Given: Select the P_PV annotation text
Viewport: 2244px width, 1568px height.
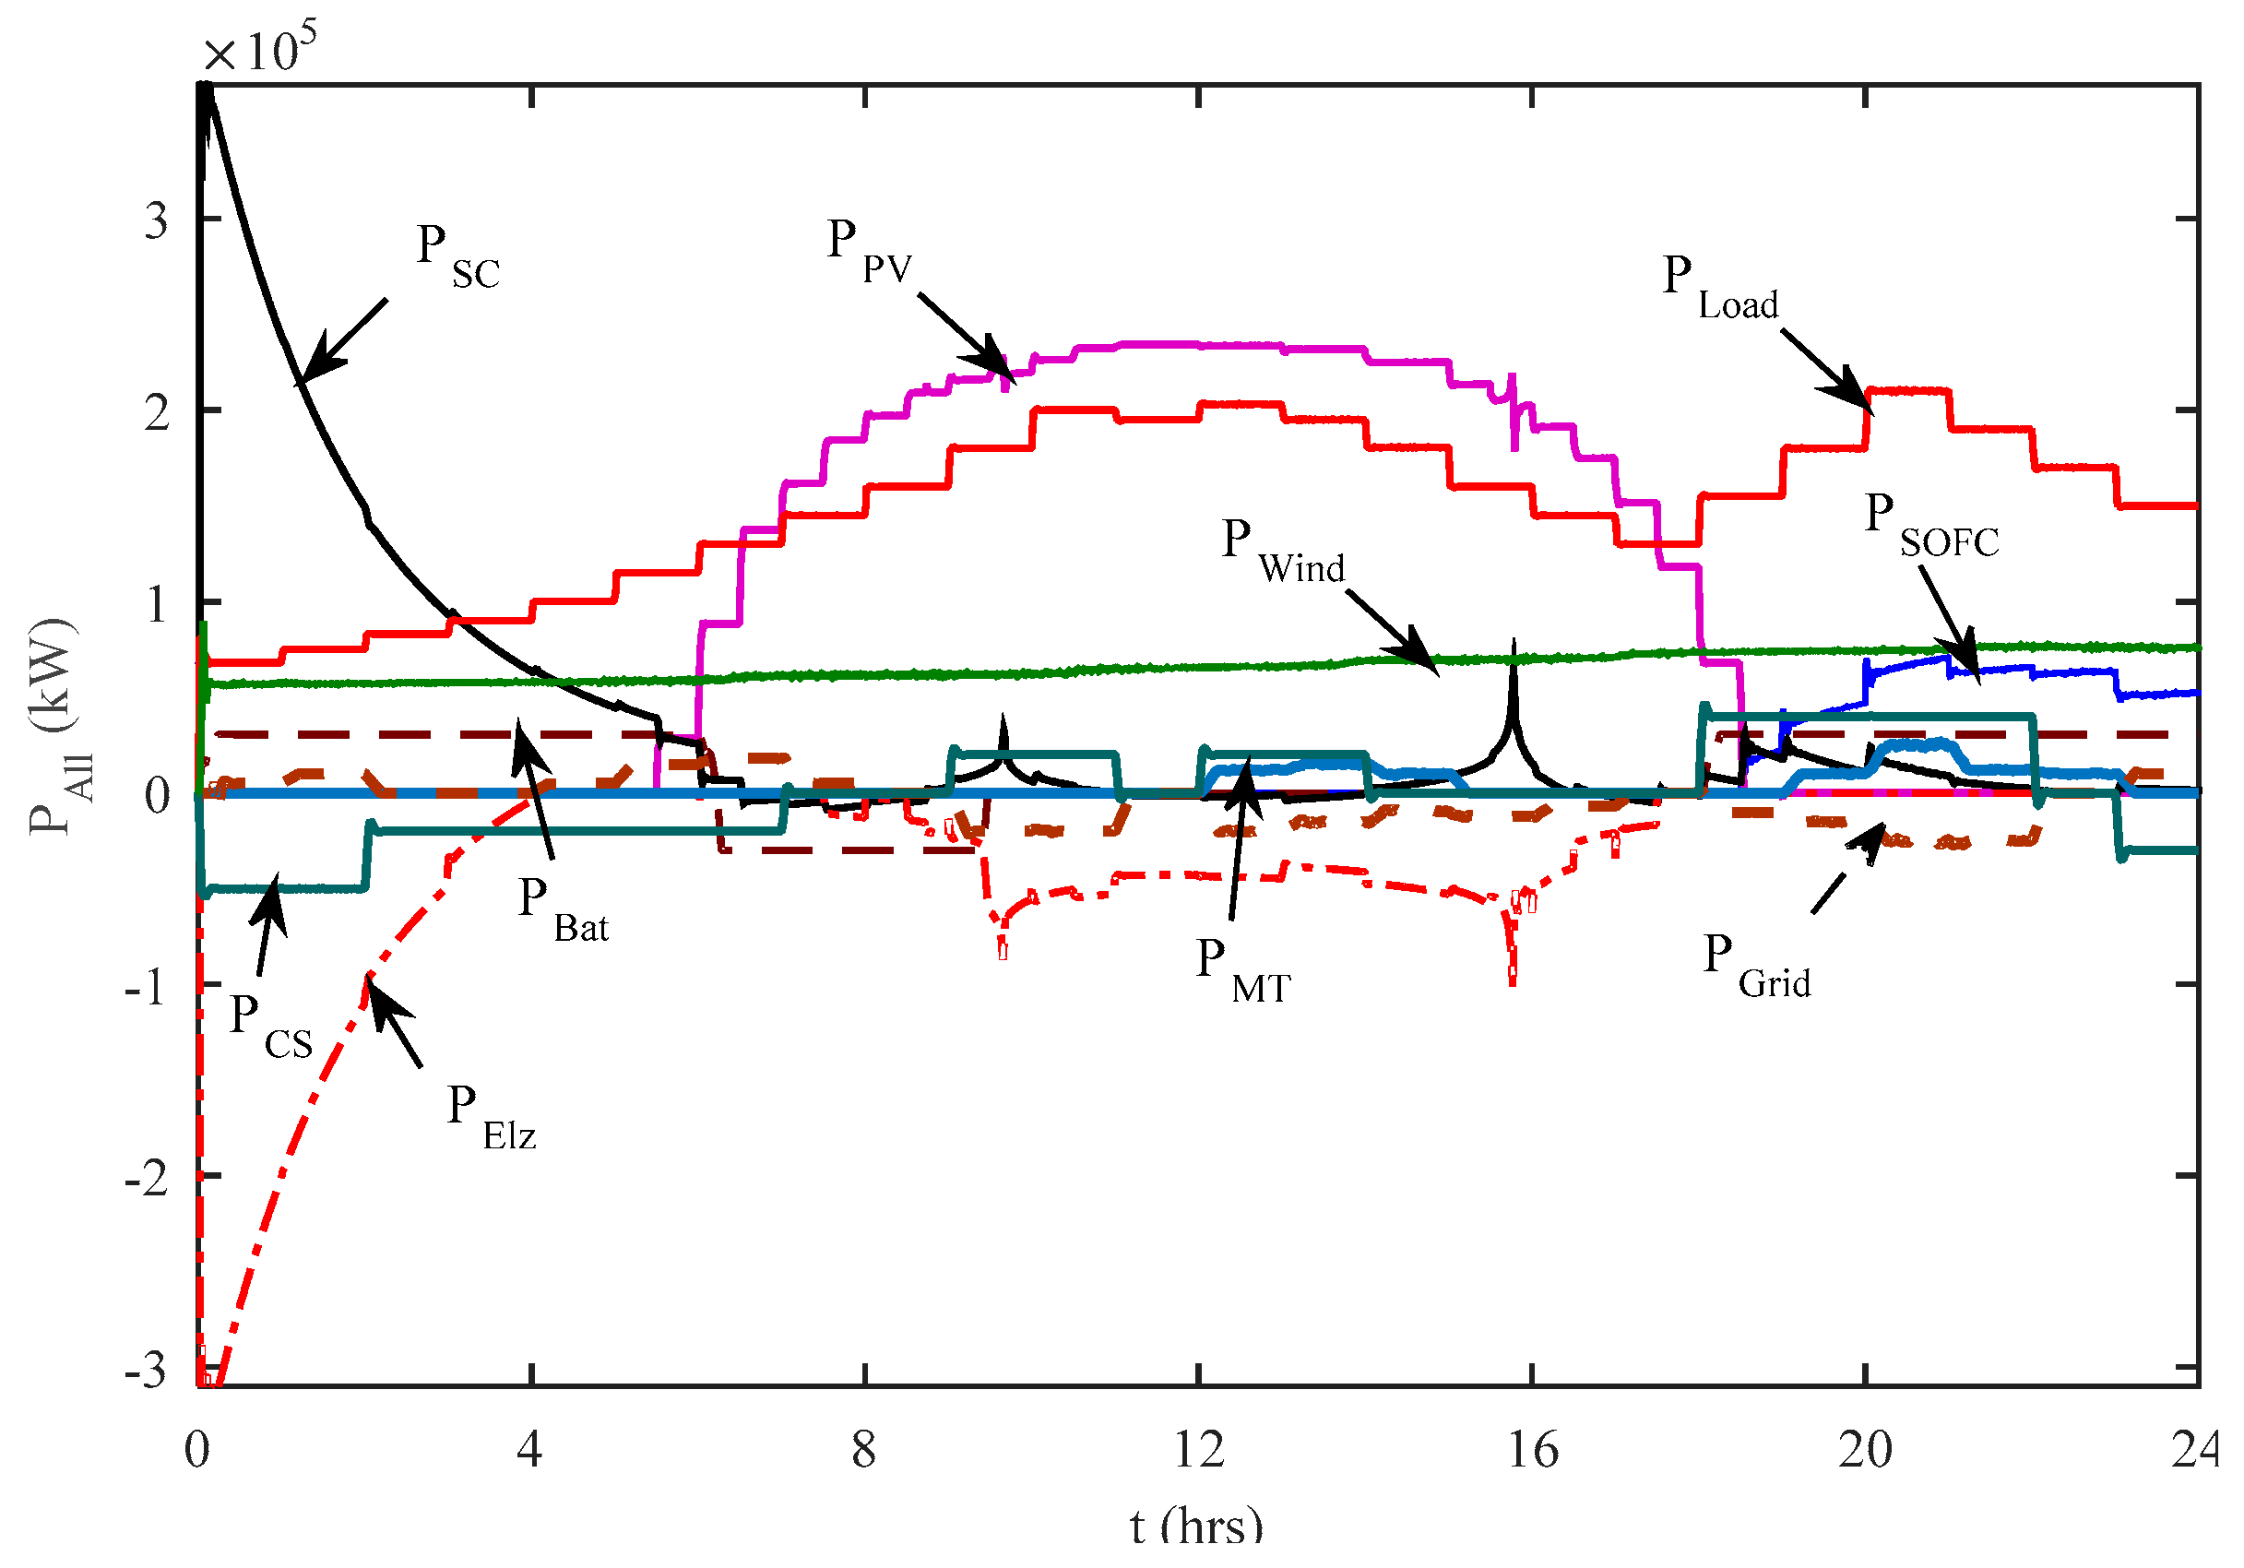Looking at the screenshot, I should [x=868, y=251].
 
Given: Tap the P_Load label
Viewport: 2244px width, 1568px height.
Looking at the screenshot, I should [x=1719, y=288].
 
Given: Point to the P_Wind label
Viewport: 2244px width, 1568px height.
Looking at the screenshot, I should [x=1281, y=552].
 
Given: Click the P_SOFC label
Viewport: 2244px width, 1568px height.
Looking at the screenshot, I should [x=1930, y=525].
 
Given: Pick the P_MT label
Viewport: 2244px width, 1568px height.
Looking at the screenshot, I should [x=1242, y=970].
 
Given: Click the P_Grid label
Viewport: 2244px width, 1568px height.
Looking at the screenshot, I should [x=1755, y=965].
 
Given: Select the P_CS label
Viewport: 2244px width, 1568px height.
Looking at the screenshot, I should [x=269, y=1027].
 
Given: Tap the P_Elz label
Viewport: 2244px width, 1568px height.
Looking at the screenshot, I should [x=491, y=1117].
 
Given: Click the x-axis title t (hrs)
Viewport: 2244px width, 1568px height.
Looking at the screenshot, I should [x=1195, y=1526].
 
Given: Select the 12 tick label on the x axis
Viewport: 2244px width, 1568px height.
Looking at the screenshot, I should [x=1197, y=1450].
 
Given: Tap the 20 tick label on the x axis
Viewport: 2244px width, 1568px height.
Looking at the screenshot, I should [x=1864, y=1450].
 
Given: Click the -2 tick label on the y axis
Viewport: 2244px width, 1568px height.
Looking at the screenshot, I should [x=147, y=1179].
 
